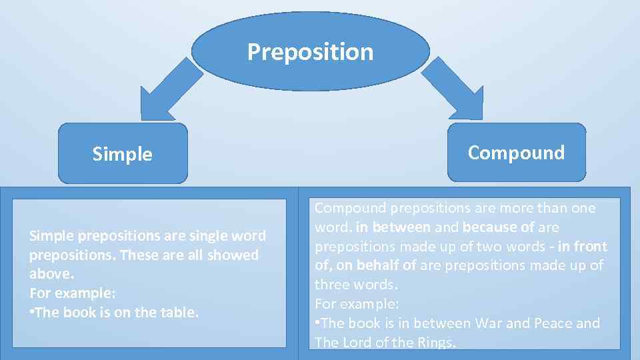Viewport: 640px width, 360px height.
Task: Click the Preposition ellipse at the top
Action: pos(311,51)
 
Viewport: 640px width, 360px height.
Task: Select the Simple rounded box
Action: pos(123,153)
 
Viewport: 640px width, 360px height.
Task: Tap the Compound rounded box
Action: pos(516,152)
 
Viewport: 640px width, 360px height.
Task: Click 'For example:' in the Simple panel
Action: pos(71,293)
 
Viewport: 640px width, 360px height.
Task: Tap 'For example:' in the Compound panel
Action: pos(357,304)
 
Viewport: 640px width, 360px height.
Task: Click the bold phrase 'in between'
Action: pos(393,227)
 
